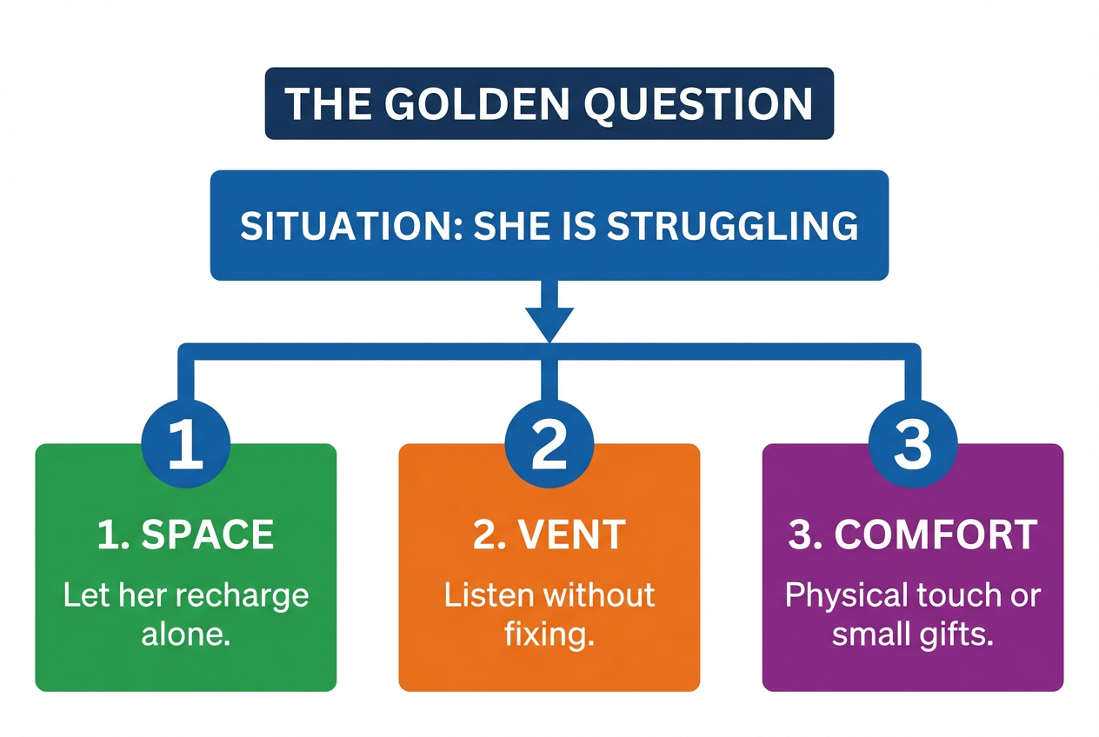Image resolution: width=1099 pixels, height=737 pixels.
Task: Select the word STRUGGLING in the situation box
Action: (732, 226)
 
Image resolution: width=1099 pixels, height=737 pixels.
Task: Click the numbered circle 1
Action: (186, 443)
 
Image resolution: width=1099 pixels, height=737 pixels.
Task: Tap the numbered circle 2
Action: (549, 443)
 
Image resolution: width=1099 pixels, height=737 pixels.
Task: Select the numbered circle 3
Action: (913, 443)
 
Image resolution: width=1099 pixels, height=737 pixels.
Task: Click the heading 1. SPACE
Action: (186, 535)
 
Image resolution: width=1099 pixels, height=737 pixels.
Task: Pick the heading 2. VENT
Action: (549, 535)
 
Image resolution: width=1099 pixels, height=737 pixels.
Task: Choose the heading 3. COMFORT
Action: (913, 535)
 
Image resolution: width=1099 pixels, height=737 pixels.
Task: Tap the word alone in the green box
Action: (186, 635)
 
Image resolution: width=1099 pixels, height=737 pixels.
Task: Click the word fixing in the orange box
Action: (549, 635)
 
